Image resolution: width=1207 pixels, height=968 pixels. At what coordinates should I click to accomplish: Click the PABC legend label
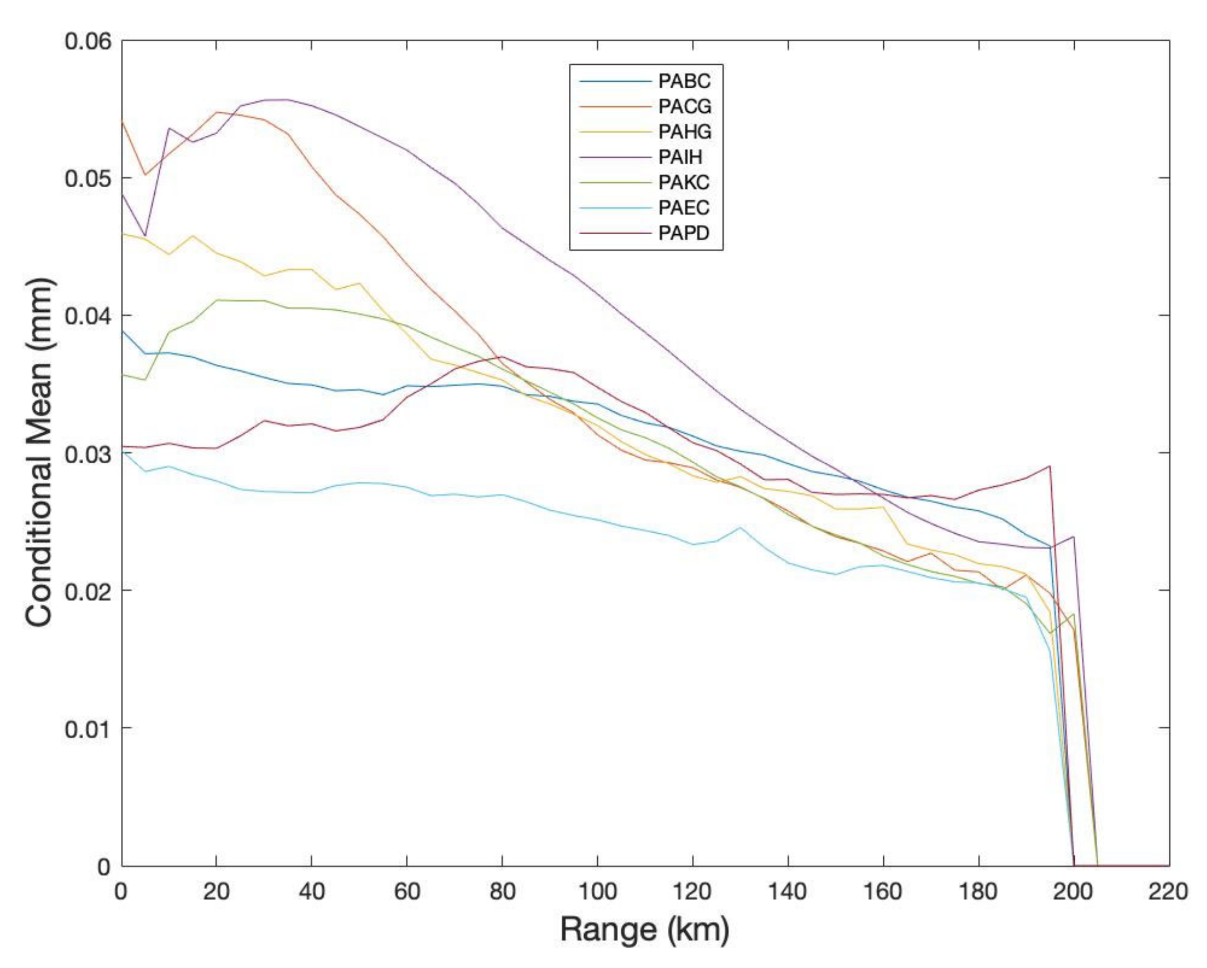pyautogui.click(x=684, y=81)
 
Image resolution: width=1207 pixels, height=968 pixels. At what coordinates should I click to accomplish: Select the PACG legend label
pyautogui.click(x=685, y=106)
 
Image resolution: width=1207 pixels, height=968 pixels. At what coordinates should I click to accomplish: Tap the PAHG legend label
pyautogui.click(x=685, y=132)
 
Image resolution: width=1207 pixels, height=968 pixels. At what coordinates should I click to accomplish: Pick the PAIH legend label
pyautogui.click(x=680, y=157)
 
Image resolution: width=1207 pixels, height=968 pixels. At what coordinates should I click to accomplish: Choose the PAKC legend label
pyautogui.click(x=684, y=182)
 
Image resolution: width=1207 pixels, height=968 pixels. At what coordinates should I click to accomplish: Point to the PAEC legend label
pyautogui.click(x=684, y=208)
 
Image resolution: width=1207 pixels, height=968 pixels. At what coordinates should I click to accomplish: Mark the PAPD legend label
pyautogui.click(x=684, y=233)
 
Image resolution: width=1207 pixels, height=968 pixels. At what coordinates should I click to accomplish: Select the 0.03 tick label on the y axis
pyautogui.click(x=88, y=453)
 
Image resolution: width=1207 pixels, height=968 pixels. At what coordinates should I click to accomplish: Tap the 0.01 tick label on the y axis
pyautogui.click(x=88, y=729)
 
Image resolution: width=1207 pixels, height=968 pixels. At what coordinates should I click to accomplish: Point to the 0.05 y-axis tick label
pyautogui.click(x=88, y=179)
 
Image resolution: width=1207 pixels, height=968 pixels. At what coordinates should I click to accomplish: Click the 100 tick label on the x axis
pyautogui.click(x=597, y=891)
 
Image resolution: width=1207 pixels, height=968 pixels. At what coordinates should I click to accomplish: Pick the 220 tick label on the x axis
pyautogui.click(x=1168, y=891)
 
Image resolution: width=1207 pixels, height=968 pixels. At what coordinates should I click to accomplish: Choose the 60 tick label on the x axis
pyautogui.click(x=407, y=891)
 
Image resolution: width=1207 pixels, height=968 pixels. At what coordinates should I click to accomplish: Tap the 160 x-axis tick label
pyautogui.click(x=883, y=891)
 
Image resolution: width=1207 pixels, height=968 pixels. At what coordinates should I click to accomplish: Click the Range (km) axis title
pyautogui.click(x=644, y=930)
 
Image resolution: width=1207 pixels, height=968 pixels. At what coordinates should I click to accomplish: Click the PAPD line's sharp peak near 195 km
pyautogui.click(x=1050, y=466)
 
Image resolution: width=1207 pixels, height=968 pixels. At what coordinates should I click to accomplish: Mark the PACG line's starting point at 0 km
pyautogui.click(x=122, y=121)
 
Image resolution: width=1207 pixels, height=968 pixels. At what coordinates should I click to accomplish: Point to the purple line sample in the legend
pyautogui.click(x=616, y=157)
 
